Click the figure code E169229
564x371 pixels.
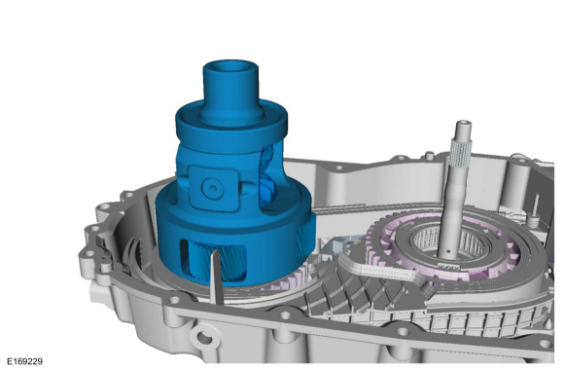click(25, 361)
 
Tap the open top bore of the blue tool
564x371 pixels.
click(230, 67)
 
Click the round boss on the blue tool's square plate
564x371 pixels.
click(213, 188)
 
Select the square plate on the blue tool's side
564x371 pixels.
click(214, 188)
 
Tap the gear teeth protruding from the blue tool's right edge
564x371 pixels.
click(306, 235)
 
